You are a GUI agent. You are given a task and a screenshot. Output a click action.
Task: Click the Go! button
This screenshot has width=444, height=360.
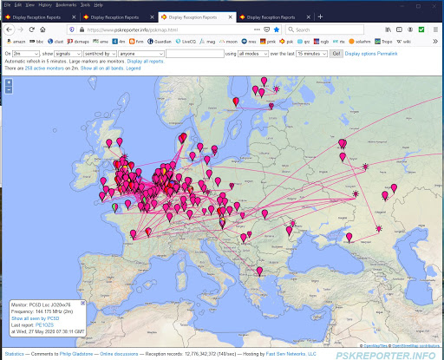pyautogui.click(x=336, y=54)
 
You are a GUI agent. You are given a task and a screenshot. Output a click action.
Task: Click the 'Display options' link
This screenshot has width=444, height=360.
pyautogui.click(x=364, y=54)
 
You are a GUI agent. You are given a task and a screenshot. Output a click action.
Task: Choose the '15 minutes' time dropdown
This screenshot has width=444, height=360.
pyautogui.click(x=310, y=54)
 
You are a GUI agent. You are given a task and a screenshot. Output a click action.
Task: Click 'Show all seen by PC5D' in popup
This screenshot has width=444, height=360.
pyautogui.click(x=35, y=318)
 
